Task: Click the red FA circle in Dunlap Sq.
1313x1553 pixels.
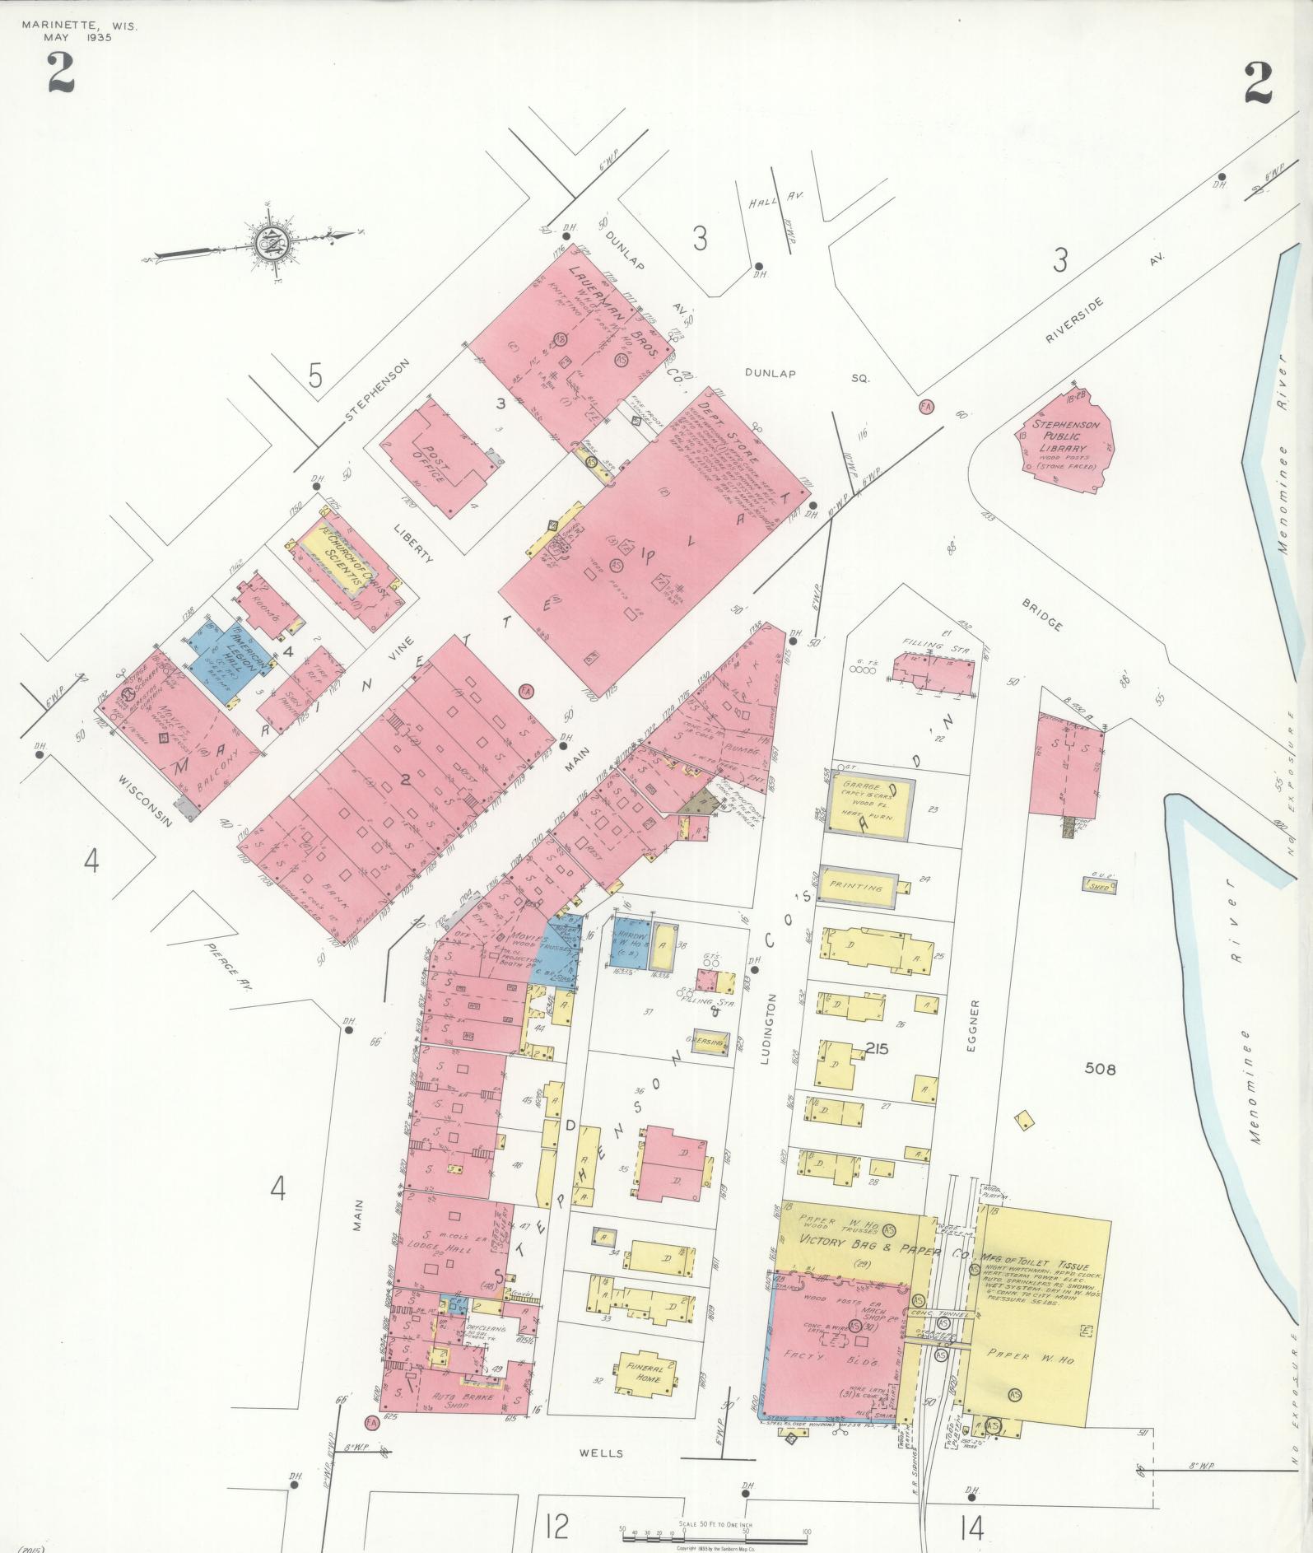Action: click(926, 407)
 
